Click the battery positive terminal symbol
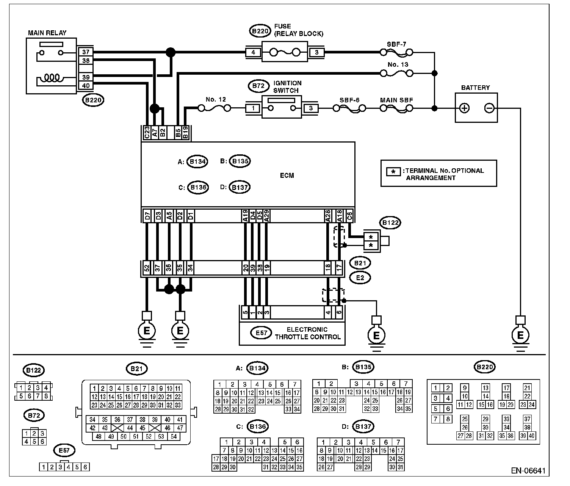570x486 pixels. coord(464,108)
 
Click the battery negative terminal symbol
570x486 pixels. coord(489,108)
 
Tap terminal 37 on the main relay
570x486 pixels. coord(86,52)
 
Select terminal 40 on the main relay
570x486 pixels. coord(86,86)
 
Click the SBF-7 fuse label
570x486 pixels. coord(396,44)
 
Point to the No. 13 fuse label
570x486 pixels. coord(398,64)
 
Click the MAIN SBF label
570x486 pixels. coord(396,100)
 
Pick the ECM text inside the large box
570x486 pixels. coord(287,176)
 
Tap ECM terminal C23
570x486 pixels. coord(147,133)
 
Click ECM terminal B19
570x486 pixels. coord(186,133)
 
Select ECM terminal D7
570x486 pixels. coord(147,216)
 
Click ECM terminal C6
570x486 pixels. coord(349,216)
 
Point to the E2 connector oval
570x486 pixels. coord(360,277)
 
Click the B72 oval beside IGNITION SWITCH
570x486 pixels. coord(258,86)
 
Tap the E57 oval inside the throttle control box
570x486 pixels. coord(261,333)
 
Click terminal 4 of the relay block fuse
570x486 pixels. coord(253,52)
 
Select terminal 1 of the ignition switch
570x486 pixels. coord(253,108)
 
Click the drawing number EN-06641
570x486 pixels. coord(528,470)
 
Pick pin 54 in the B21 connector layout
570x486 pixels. coord(174,436)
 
